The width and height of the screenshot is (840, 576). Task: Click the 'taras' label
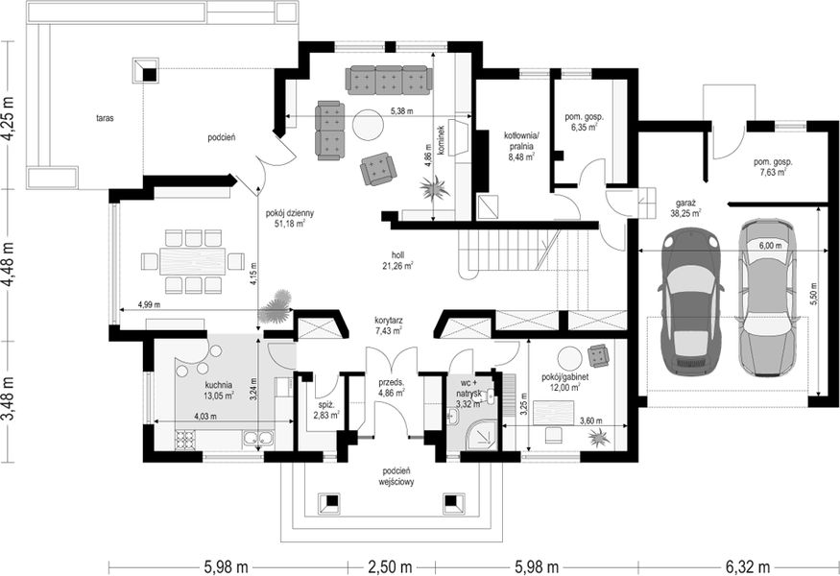pos(105,118)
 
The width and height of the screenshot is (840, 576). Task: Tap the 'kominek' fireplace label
pos(441,140)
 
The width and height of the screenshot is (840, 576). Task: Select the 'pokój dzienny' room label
pos(290,213)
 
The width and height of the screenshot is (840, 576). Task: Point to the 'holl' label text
pos(397,255)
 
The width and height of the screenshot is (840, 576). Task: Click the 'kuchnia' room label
pos(219,385)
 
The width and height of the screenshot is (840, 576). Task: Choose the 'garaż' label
pos(685,204)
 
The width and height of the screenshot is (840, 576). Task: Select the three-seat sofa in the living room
pos(389,81)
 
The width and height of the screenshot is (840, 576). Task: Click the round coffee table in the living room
pos(368,125)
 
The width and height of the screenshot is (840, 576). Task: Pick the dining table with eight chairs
pos(192,261)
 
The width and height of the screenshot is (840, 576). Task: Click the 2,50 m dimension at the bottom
pos(390,566)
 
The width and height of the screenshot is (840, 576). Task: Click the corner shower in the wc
pos(482,434)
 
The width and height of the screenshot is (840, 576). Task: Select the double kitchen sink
pos(259,439)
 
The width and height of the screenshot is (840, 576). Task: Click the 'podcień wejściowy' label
pos(396,476)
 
